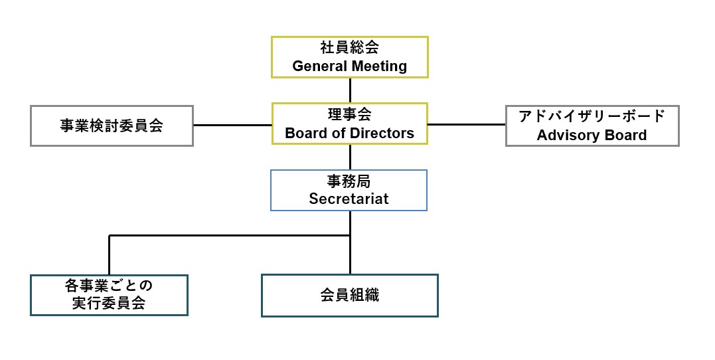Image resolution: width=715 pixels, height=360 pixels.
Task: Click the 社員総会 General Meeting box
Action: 349,56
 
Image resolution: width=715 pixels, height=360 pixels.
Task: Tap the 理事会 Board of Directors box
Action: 349,124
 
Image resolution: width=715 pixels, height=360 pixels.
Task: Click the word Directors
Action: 384,133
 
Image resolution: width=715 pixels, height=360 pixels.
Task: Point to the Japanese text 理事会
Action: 349,115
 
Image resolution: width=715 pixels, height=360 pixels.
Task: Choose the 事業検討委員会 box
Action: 112,126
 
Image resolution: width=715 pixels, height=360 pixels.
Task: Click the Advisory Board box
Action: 592,126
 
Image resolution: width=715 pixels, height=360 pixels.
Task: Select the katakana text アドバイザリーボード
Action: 592,116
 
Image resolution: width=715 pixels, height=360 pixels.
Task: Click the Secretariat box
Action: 349,190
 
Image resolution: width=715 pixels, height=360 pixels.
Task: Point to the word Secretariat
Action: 349,199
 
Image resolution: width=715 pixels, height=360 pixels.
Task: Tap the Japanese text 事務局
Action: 349,181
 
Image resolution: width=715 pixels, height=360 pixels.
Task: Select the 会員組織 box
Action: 349,296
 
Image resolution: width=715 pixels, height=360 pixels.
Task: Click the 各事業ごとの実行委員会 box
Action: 109,295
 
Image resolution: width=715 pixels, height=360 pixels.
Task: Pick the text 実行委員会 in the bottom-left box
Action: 109,304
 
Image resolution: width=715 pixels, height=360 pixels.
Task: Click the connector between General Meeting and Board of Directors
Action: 350,90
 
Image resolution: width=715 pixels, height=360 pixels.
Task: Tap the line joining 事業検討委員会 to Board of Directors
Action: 232,125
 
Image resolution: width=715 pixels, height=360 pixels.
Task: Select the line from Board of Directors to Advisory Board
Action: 466,124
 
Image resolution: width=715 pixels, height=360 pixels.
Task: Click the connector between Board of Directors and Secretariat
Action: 350,157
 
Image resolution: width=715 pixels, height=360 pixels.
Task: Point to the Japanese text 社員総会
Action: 349,48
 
